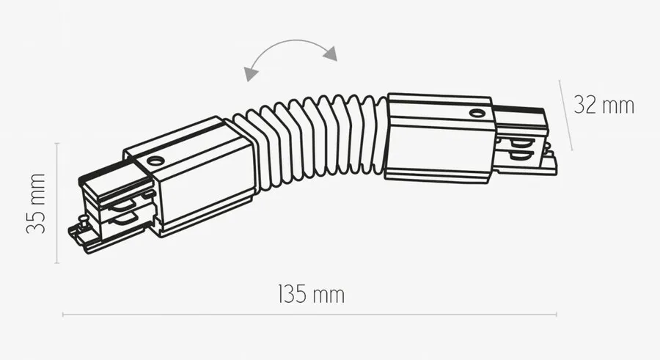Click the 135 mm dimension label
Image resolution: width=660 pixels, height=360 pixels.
coord(311,294)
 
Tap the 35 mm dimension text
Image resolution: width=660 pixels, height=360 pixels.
coord(36,203)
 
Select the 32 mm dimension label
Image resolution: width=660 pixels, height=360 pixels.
coord(604,105)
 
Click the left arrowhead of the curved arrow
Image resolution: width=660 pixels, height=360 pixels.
coord(251,73)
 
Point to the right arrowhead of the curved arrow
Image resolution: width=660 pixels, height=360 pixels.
coord(331,54)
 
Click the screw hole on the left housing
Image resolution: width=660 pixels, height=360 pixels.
coord(155,161)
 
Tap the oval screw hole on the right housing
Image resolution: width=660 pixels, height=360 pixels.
coord(477,113)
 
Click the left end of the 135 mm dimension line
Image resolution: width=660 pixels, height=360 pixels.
coord(63,314)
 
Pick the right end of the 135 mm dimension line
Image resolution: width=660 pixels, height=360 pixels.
coord(557,314)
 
